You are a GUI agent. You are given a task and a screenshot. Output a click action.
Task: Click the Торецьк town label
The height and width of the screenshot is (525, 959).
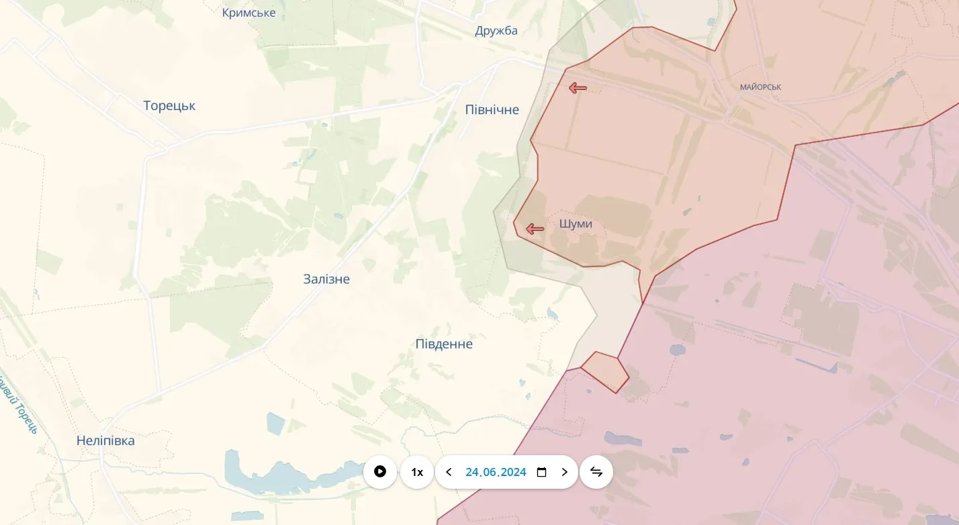pyautogui.click(x=169, y=105)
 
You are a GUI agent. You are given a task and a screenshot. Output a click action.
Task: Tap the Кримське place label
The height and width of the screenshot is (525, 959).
pyautogui.click(x=248, y=13)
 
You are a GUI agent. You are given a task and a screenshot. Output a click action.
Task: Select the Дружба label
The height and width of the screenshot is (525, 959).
pyautogui.click(x=496, y=30)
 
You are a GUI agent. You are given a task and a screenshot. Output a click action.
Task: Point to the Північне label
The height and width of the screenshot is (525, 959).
pyautogui.click(x=492, y=109)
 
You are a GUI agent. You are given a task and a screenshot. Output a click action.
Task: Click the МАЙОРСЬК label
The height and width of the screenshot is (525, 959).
pyautogui.click(x=760, y=87)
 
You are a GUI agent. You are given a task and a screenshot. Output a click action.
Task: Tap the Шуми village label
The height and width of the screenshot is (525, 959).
pyautogui.click(x=576, y=224)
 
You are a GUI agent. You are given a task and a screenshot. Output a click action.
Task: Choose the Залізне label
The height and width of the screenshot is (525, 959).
pyautogui.click(x=326, y=279)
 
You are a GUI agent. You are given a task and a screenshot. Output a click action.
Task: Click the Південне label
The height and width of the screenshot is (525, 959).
pyautogui.click(x=444, y=344)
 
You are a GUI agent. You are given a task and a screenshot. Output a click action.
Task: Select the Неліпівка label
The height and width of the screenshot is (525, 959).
pyautogui.click(x=105, y=440)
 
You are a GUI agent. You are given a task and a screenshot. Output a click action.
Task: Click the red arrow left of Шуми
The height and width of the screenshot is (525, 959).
pyautogui.click(x=535, y=229)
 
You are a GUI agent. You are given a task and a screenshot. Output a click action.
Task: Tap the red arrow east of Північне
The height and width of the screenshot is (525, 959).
pyautogui.click(x=578, y=88)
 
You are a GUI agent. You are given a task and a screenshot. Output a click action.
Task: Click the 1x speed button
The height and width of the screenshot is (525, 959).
pyautogui.click(x=417, y=472)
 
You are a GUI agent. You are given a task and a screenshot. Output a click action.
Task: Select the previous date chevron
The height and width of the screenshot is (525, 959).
pyautogui.click(x=449, y=472)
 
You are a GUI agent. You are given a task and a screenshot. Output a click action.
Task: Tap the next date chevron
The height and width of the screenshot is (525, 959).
pyautogui.click(x=564, y=472)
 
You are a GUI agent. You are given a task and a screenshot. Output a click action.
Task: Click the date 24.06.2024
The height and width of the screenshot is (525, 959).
pyautogui.click(x=496, y=472)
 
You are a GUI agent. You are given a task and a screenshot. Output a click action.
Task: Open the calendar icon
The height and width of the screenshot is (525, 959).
pyautogui.click(x=542, y=472)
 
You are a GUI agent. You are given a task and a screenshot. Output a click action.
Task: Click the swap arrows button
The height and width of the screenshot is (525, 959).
pyautogui.click(x=596, y=472)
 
